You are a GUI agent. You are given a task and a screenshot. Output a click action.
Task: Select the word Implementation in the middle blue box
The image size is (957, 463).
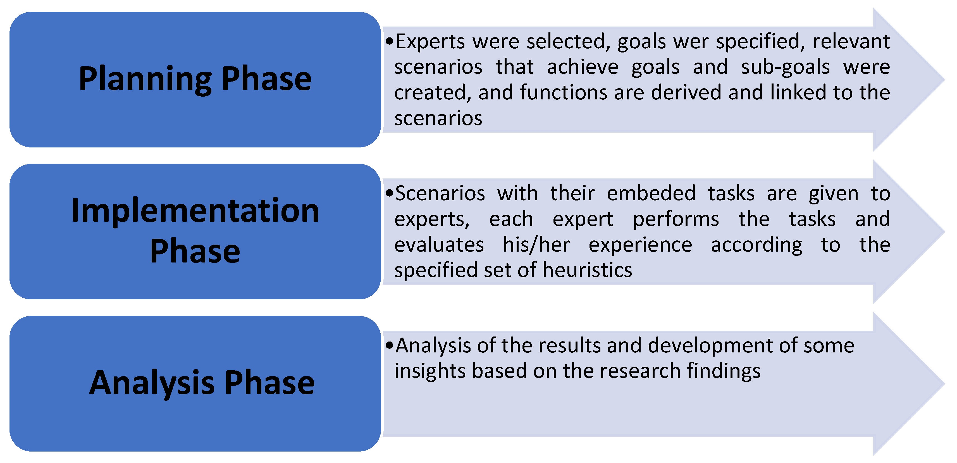click(x=195, y=211)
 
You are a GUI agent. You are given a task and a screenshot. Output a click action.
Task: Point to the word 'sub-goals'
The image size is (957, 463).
click(x=785, y=68)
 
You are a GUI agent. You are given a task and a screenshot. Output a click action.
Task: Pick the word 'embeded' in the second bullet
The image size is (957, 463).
click(x=651, y=193)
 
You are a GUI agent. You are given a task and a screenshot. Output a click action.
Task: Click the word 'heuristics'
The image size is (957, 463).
click(x=587, y=270)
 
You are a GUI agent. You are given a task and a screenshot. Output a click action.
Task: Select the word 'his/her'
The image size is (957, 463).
click(x=536, y=245)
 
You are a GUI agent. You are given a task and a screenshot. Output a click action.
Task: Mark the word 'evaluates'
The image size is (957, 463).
click(x=439, y=245)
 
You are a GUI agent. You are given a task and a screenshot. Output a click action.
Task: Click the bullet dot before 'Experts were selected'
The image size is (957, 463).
click(x=389, y=41)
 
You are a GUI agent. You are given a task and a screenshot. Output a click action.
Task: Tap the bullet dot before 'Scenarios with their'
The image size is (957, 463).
click(x=389, y=193)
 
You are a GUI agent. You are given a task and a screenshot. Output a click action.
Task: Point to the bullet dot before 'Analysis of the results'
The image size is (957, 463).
click(x=389, y=345)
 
